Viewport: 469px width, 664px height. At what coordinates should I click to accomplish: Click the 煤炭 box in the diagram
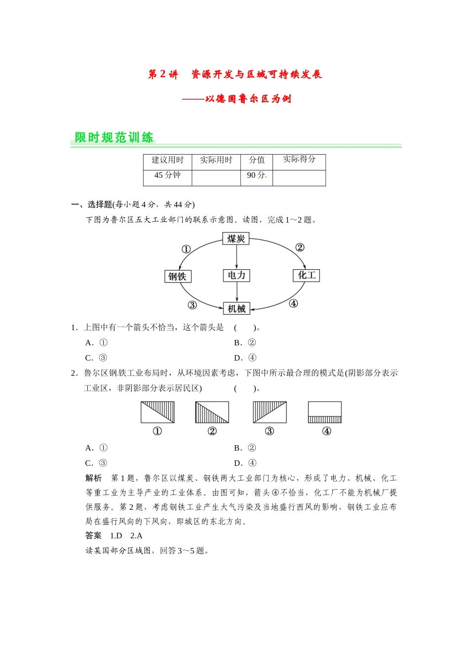point(236,239)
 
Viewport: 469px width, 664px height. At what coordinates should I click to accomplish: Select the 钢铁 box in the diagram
point(177,276)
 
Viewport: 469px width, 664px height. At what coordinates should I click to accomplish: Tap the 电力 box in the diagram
point(236,275)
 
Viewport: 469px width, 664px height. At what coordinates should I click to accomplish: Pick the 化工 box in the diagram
point(307,275)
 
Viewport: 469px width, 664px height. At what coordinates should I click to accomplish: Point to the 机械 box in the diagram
point(236,308)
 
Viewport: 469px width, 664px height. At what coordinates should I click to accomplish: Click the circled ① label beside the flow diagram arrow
point(186,249)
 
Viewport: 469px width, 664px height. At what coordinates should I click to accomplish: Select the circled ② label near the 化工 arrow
point(300,248)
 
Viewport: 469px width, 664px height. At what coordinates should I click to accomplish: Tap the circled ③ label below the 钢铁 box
point(192,305)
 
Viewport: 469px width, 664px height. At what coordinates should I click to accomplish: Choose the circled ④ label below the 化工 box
point(293,303)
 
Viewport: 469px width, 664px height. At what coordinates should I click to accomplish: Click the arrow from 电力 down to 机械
point(237,292)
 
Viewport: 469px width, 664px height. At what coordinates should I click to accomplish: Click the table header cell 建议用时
point(167,160)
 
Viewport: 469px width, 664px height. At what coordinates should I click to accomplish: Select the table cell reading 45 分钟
point(167,175)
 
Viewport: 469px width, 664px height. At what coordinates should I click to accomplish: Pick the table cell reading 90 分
point(256,175)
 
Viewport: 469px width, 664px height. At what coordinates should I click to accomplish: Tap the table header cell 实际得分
point(299,159)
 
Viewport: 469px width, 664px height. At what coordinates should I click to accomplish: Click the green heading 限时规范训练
point(114,137)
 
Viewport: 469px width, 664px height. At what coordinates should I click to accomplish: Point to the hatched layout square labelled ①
point(157,412)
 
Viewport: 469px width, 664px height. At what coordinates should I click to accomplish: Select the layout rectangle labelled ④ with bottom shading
point(324,412)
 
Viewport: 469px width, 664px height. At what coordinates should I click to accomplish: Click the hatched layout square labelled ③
point(270,412)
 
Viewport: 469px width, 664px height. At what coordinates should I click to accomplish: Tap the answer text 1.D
point(116,536)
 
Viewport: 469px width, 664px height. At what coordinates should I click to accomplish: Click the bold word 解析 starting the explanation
point(93,478)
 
